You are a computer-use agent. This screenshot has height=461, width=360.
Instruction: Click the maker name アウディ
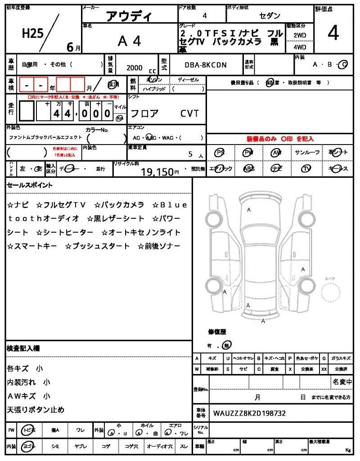click(129, 17)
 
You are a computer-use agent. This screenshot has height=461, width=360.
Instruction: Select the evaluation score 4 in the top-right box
click(333, 33)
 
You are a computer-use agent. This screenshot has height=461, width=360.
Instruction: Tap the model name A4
click(129, 41)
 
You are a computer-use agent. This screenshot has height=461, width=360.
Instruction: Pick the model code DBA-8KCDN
click(206, 65)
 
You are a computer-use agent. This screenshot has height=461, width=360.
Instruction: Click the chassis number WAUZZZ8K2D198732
click(249, 413)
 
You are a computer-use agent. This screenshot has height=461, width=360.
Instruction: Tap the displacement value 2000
click(134, 68)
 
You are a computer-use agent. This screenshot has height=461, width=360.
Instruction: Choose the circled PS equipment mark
click(220, 153)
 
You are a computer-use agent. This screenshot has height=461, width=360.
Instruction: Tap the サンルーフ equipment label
click(307, 153)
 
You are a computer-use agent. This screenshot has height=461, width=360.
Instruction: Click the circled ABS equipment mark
click(248, 168)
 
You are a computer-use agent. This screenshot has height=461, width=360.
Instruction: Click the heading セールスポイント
click(29, 185)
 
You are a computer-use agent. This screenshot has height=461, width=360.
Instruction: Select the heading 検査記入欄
click(23, 348)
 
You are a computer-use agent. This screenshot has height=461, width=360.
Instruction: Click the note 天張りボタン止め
click(36, 410)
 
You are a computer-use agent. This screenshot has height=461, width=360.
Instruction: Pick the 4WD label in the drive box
click(300, 47)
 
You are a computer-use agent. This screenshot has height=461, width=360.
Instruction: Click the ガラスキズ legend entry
click(341, 358)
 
